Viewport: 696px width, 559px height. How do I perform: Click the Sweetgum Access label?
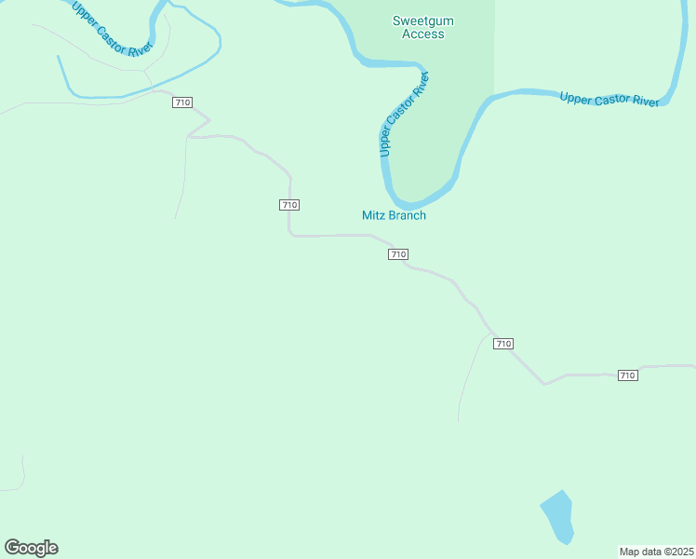pos(422,27)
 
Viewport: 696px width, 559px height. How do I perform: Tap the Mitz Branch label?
pos(394,215)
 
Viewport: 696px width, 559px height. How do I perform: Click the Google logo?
pos(31,548)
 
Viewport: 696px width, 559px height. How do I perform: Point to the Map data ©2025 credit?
pos(657,552)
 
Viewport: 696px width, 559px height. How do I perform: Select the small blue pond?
pos(557,516)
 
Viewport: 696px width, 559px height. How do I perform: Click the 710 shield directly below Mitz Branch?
pos(398,254)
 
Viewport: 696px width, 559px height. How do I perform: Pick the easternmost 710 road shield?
pos(627,375)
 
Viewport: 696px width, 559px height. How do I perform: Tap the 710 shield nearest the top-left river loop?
pos(182,102)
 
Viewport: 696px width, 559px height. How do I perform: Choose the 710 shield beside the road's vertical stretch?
pos(288,205)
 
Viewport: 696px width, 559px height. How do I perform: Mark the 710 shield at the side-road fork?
pos(503,344)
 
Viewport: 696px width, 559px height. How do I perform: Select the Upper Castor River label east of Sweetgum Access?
pos(609,98)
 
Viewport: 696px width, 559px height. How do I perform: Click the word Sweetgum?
pos(422,20)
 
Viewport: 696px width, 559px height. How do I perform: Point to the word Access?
pos(422,34)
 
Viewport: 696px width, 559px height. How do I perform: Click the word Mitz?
pos(373,215)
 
